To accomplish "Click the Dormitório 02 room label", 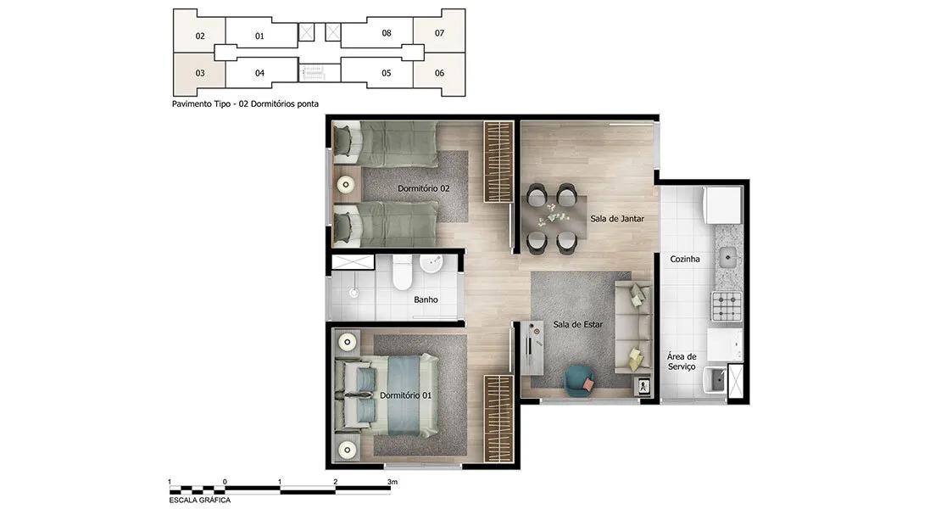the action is [x=423, y=188].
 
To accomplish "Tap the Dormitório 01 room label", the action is [x=405, y=395].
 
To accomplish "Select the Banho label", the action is [x=426, y=299].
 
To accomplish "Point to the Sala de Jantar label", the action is [x=617, y=219].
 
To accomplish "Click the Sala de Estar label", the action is [x=578, y=325].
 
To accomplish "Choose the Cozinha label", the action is [x=685, y=260].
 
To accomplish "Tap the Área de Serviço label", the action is [x=682, y=361].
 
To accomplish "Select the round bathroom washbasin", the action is [x=431, y=263].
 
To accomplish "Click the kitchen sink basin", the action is [x=727, y=258].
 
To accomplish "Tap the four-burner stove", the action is [x=727, y=306].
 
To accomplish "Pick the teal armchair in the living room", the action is [x=579, y=381].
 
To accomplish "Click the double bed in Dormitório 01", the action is [x=387, y=395].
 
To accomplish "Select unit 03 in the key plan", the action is [x=200, y=73].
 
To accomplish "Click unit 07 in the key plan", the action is [x=439, y=33].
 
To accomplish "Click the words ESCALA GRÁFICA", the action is [x=200, y=500].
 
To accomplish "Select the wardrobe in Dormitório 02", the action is [x=498, y=162].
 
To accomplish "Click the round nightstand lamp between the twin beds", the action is [x=346, y=184].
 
